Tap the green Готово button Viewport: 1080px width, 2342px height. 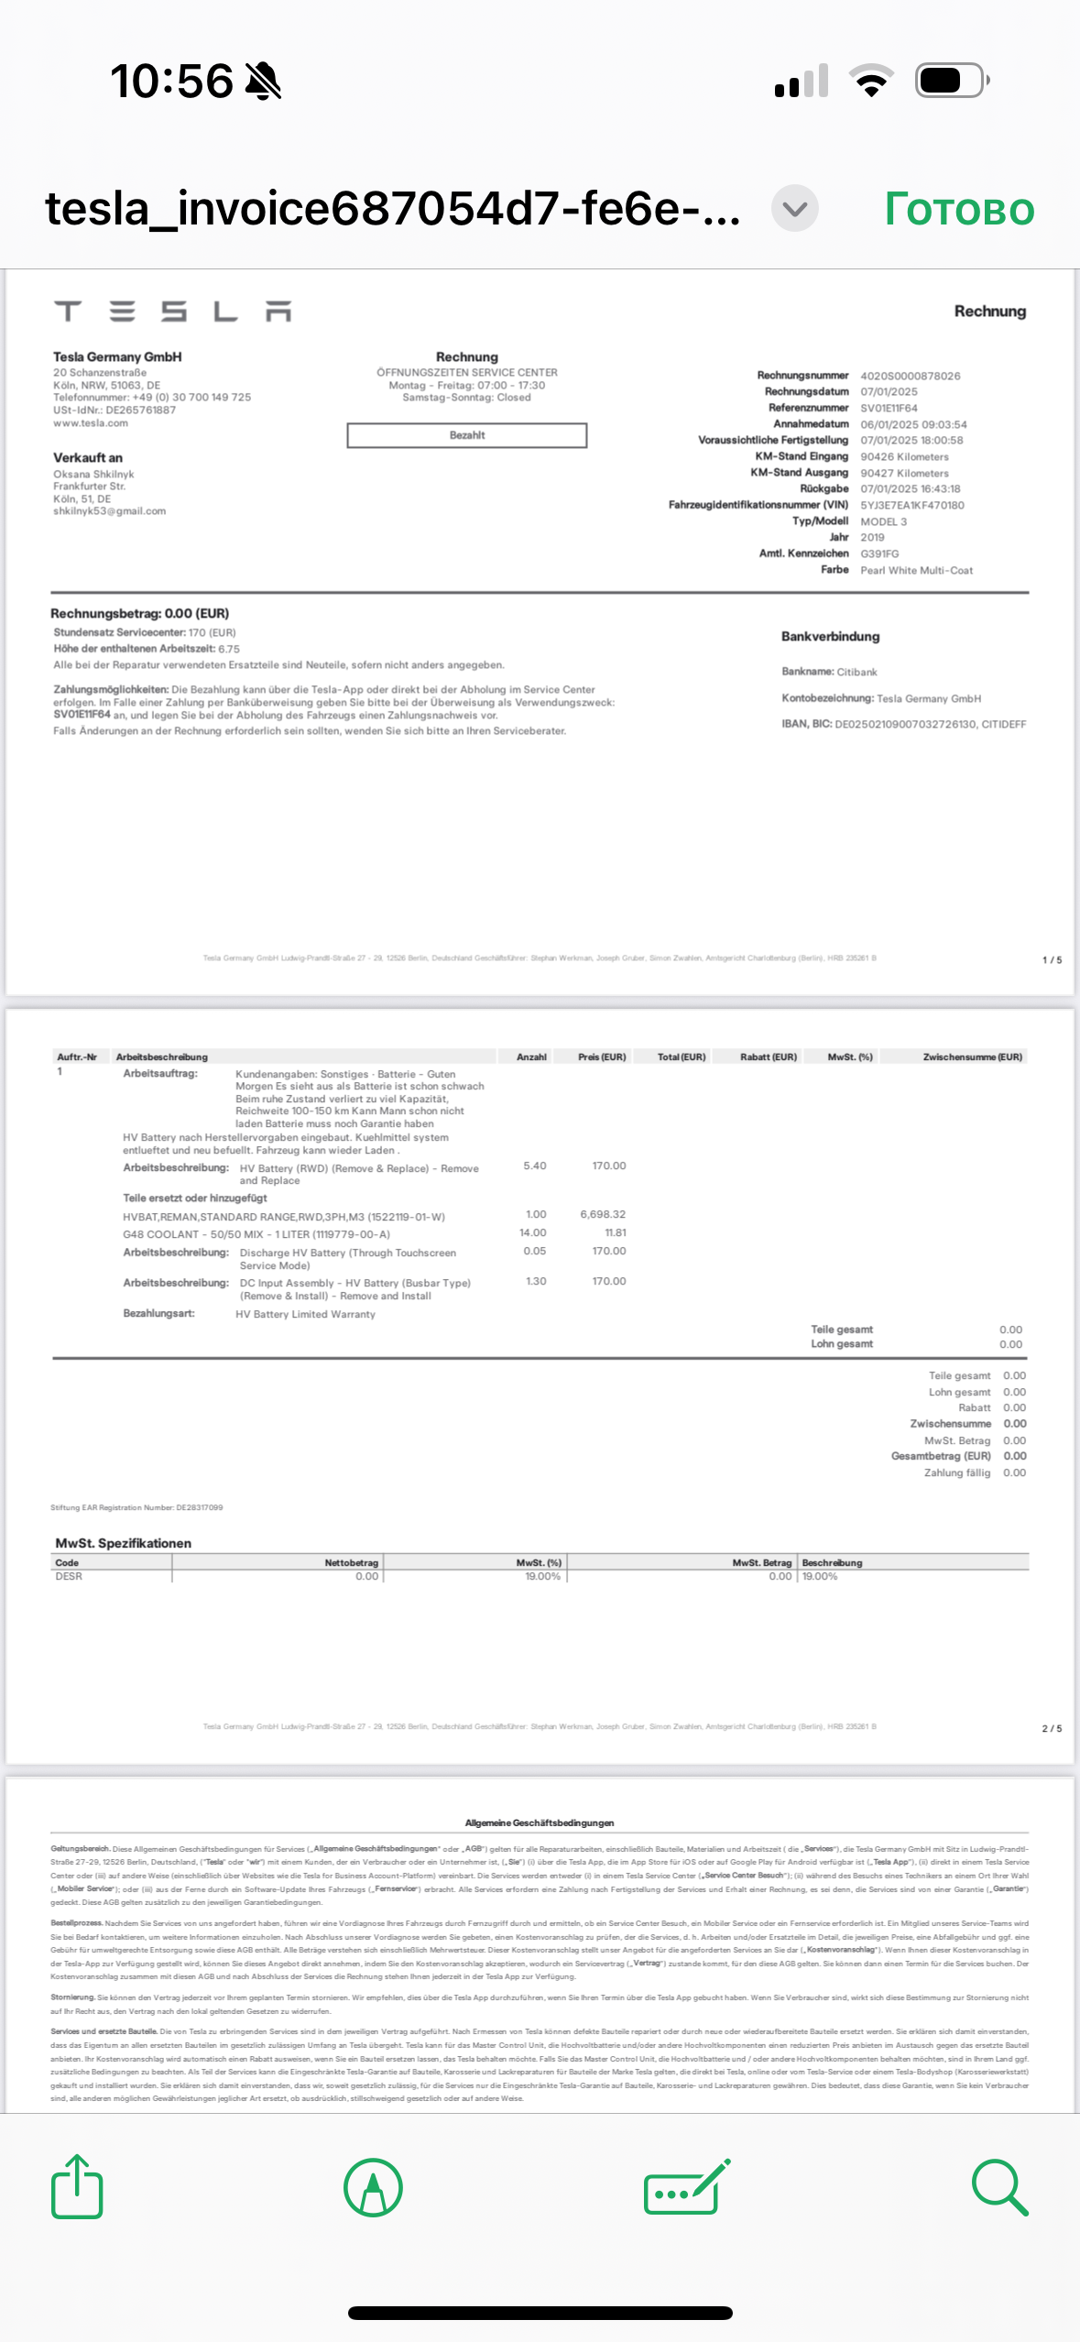[x=959, y=210]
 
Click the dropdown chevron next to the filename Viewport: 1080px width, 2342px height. [x=794, y=209]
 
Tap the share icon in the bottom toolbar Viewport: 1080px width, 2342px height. [x=77, y=2186]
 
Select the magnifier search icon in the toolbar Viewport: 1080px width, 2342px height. [x=999, y=2186]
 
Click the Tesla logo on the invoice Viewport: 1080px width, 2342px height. [x=172, y=312]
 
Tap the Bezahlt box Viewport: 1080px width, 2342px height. [x=466, y=435]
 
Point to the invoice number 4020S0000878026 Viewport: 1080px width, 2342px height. [x=910, y=376]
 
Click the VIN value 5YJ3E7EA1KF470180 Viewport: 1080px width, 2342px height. [x=911, y=505]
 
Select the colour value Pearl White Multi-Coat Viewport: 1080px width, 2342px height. [x=916, y=570]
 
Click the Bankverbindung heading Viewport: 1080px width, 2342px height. [x=830, y=637]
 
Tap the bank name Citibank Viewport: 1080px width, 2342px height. [x=856, y=672]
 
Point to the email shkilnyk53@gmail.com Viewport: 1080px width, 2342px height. [x=109, y=511]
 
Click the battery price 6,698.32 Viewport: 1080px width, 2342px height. [x=603, y=1214]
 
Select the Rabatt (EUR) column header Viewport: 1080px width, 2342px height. [x=768, y=1056]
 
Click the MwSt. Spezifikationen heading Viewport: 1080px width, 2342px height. [x=123, y=1543]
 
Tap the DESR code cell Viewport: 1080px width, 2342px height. [x=69, y=1576]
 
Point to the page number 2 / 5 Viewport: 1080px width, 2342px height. [x=1052, y=1728]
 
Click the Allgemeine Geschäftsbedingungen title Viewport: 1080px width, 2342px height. [x=540, y=1822]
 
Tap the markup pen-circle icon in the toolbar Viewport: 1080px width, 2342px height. [x=373, y=2186]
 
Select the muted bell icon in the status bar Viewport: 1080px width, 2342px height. [x=264, y=81]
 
